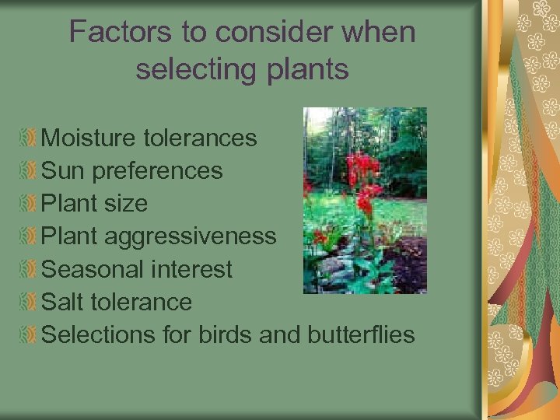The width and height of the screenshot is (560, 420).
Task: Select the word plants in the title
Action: [x=304, y=69]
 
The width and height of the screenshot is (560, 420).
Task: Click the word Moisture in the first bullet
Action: [x=89, y=138]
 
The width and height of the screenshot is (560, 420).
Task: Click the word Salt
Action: [x=64, y=302]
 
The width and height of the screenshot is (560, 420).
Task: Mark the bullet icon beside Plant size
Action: [x=29, y=204]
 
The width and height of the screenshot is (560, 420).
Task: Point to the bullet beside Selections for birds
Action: [x=29, y=335]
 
